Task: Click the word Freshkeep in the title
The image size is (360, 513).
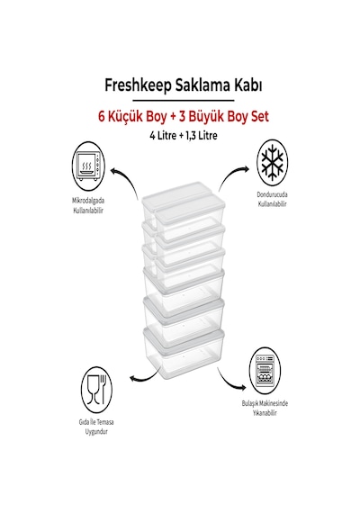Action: coord(138,85)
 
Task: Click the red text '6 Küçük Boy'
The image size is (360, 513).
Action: coord(132,117)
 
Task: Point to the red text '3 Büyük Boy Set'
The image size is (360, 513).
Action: coord(224,117)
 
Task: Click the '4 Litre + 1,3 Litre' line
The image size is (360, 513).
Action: coord(184,135)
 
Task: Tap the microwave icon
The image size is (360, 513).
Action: coord(88,167)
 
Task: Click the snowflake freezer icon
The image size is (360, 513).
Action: coord(272,163)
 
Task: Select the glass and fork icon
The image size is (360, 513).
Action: coord(96,391)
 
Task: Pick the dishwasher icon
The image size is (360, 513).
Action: coord(265,371)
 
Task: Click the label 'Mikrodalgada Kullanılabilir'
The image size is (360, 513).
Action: coord(88,205)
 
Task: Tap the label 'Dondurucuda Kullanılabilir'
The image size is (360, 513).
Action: coord(273,199)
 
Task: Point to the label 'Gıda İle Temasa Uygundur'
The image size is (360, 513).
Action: coord(96,427)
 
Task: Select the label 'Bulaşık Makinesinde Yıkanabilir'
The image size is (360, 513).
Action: coord(265,408)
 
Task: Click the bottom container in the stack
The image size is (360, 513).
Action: coord(184,354)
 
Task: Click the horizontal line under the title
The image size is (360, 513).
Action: coord(184,100)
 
